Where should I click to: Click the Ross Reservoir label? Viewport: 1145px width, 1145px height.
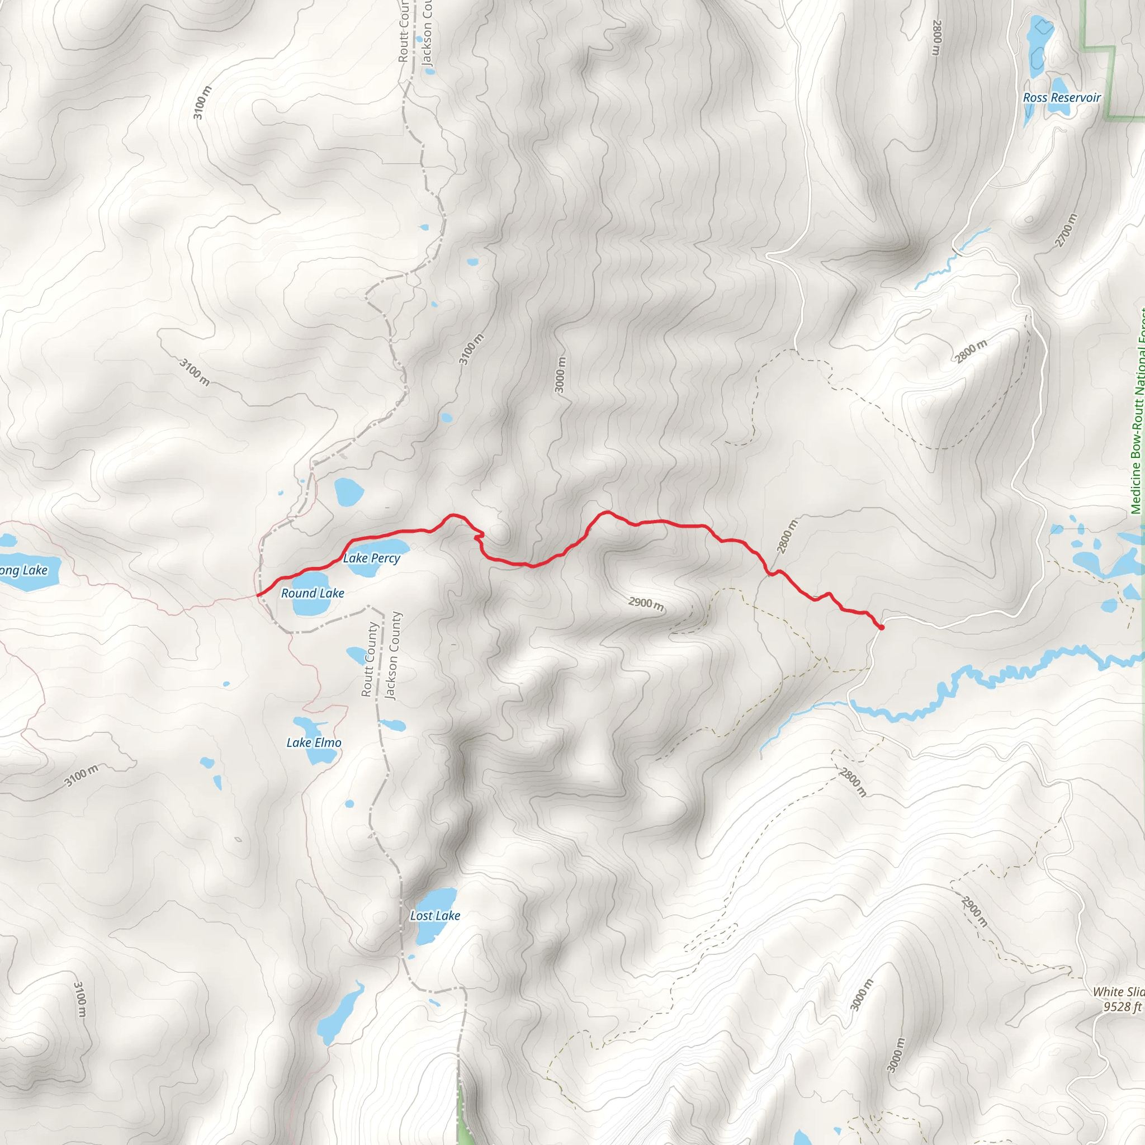[x=1062, y=97]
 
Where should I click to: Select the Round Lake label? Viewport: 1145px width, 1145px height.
[x=313, y=593]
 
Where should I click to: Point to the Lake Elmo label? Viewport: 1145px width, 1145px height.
[x=314, y=742]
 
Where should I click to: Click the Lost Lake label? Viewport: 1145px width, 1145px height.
[x=435, y=916]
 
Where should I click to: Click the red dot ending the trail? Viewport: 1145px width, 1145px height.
[x=881, y=627]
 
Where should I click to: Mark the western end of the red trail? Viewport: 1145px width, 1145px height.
[x=258, y=594]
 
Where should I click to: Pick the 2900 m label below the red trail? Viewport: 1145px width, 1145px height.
[x=646, y=604]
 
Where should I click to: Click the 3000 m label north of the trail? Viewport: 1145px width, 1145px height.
[x=560, y=374]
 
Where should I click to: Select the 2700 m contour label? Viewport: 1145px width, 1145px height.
[x=1065, y=230]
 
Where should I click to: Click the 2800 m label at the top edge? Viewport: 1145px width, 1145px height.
[x=936, y=38]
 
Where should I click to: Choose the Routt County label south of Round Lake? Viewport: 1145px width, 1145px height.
[x=368, y=660]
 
